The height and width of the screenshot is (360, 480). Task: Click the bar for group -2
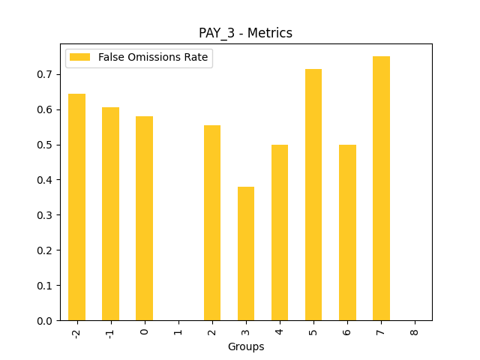[x=76, y=207]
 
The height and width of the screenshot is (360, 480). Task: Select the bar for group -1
[x=110, y=214]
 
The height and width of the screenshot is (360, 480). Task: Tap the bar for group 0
[x=144, y=218]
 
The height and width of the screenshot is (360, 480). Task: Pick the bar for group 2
[x=212, y=223]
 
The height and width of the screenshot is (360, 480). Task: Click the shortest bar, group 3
[x=246, y=253]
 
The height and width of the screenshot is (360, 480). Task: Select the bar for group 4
[x=280, y=232]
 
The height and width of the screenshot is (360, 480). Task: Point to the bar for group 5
[x=313, y=195]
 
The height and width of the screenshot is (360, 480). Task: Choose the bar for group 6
[x=347, y=232]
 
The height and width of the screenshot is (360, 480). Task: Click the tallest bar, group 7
[x=381, y=188]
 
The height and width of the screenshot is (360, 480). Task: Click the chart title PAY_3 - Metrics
[x=245, y=33]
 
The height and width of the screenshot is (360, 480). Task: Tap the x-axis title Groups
[x=245, y=346]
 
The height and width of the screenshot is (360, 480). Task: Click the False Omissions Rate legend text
[x=153, y=58]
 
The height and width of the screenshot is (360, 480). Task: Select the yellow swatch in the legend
[x=79, y=58]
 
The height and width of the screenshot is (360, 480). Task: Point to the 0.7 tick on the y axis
[x=46, y=74]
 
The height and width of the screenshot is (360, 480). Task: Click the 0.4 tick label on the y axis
[x=46, y=180]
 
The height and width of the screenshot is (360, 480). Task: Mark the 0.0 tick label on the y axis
[x=46, y=321]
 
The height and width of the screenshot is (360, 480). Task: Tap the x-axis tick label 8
[x=415, y=330]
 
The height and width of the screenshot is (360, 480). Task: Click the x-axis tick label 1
[x=178, y=330]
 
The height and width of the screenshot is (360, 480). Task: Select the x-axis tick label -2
[x=76, y=332]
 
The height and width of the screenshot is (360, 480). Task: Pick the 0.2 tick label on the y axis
[x=46, y=250]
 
